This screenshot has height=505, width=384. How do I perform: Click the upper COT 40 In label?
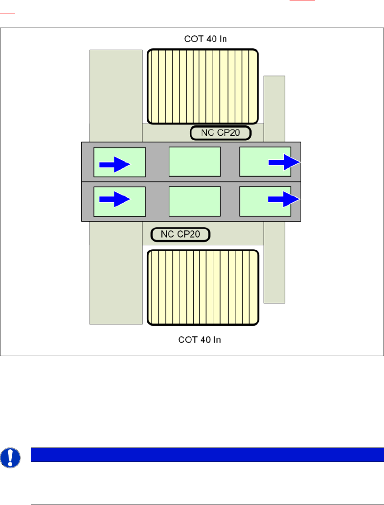pos(206,39)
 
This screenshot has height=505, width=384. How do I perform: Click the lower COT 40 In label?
pos(199,339)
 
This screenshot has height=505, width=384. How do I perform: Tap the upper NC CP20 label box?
pos(220,133)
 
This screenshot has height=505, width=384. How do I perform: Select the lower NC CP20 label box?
pos(180,234)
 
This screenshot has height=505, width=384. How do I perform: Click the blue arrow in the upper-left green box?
pos(115,164)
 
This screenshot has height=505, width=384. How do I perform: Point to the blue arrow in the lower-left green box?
pos(115,199)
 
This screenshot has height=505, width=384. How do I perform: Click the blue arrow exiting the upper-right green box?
pos(284,162)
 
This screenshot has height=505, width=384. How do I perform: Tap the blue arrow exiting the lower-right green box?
pos(284,199)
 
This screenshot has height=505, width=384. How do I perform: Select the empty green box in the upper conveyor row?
pos(195,162)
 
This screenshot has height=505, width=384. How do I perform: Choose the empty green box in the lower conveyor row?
pos(195,201)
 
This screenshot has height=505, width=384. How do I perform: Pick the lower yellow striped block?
pos(203,288)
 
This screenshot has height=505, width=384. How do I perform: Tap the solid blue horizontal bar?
pos(204,454)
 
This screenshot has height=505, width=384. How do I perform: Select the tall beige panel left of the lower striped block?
pos(116,272)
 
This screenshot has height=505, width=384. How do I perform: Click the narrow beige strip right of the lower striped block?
pos(274,262)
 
